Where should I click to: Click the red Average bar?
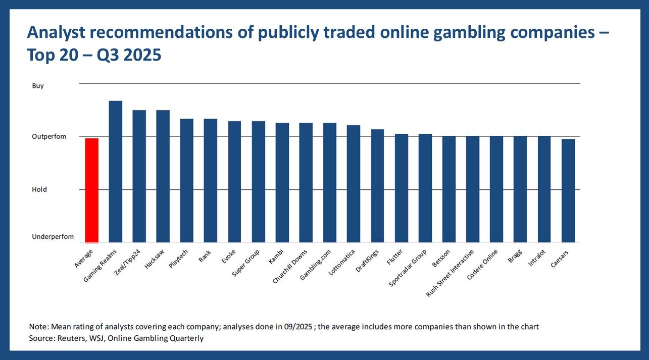click(x=91, y=190)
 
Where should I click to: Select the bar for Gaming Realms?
click(x=115, y=172)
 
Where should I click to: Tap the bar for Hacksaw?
click(x=163, y=176)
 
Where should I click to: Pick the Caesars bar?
click(x=568, y=191)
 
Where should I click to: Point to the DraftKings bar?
click(x=377, y=186)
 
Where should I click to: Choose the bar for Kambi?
click(x=282, y=183)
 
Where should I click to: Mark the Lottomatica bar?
click(x=354, y=184)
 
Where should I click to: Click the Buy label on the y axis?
click(x=38, y=86)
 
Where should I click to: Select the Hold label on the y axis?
click(x=39, y=189)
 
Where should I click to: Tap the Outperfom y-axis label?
click(x=49, y=137)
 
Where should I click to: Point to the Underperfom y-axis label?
click(x=53, y=237)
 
